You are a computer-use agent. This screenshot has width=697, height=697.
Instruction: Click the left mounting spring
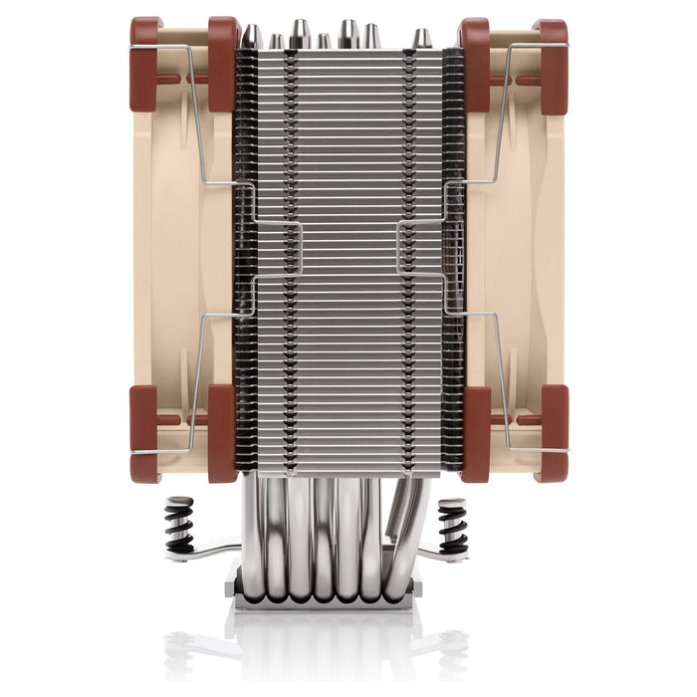click(x=179, y=524)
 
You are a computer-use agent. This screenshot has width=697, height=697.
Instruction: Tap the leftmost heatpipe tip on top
click(x=252, y=36)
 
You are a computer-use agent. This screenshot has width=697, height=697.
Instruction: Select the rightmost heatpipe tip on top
click(x=422, y=38)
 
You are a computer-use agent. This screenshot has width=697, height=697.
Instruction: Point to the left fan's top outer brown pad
click(x=145, y=64)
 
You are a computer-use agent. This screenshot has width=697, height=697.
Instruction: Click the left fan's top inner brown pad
click(x=222, y=64)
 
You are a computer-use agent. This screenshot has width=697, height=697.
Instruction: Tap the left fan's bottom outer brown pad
click(x=145, y=432)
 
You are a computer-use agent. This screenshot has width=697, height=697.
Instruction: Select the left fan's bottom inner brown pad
click(x=222, y=432)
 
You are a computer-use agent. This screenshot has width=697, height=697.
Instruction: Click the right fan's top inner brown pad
click(x=473, y=64)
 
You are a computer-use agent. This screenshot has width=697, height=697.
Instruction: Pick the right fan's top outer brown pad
click(x=550, y=64)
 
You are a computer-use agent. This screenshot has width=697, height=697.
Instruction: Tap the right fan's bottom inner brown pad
click(x=473, y=432)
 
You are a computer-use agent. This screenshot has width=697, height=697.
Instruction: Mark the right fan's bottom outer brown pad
click(x=550, y=432)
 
